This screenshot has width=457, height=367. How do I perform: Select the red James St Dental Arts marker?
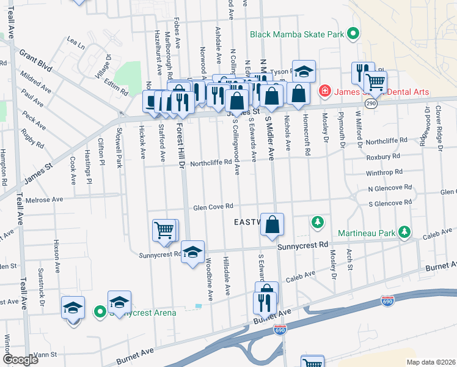(x=324, y=92)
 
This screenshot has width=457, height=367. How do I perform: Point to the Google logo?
(x=20, y=360)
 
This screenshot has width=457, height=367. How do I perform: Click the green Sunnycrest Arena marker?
(x=101, y=313)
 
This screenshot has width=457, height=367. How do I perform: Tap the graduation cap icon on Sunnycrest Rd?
(x=192, y=253)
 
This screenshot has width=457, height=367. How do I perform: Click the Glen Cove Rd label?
(x=213, y=207)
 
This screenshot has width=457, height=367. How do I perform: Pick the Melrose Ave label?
(x=43, y=199)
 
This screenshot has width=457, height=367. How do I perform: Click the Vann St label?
(x=45, y=354)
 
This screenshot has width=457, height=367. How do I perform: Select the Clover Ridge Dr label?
(x=438, y=126)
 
